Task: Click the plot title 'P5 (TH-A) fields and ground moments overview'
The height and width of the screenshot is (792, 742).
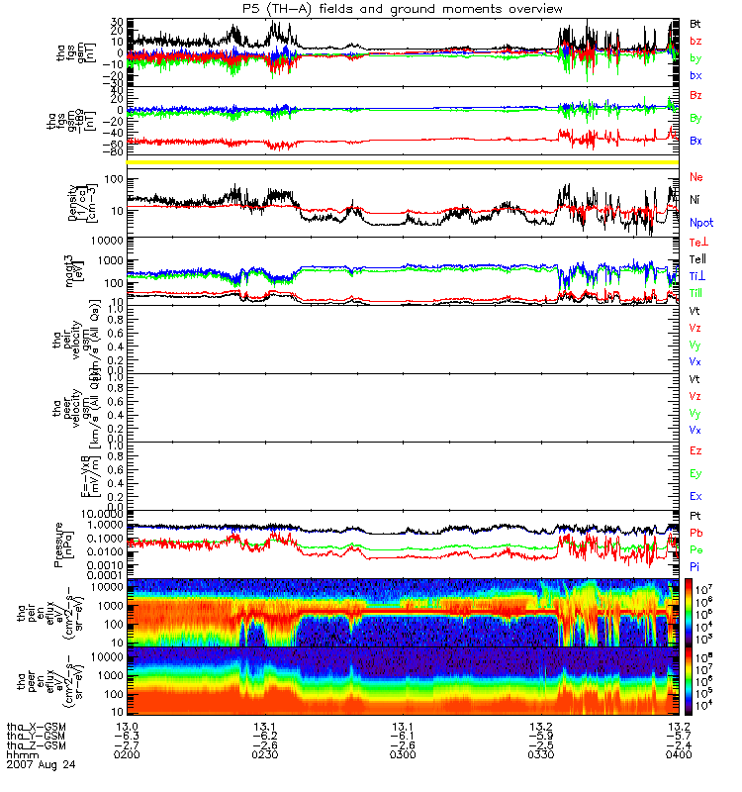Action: [407, 8]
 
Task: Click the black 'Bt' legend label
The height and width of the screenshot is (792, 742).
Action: [696, 22]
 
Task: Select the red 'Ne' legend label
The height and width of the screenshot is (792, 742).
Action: [696, 176]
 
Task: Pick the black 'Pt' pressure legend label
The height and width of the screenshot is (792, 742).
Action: [696, 517]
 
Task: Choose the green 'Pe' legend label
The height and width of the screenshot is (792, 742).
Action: [696, 549]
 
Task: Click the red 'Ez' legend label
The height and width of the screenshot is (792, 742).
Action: [696, 451]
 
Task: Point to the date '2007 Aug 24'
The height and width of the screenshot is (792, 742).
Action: [40, 764]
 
